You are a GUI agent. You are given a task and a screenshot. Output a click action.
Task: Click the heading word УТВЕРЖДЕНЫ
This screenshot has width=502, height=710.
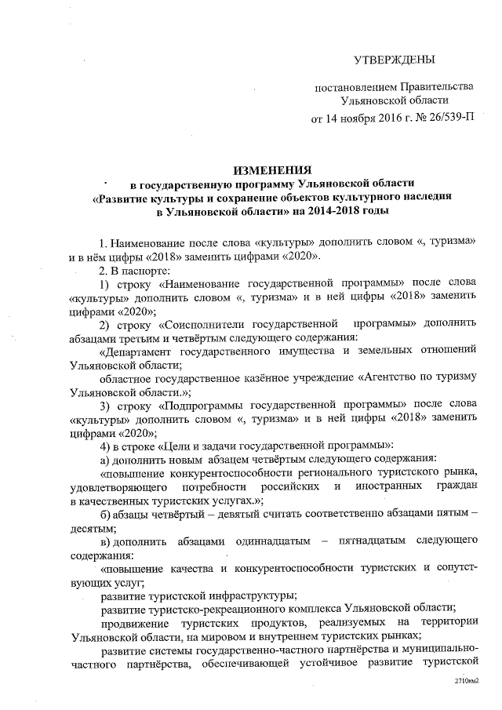click(x=395, y=60)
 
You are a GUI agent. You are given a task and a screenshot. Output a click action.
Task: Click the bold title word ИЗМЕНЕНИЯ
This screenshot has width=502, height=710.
click(x=272, y=169)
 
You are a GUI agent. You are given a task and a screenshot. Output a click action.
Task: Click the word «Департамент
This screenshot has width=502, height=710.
click(x=142, y=351)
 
